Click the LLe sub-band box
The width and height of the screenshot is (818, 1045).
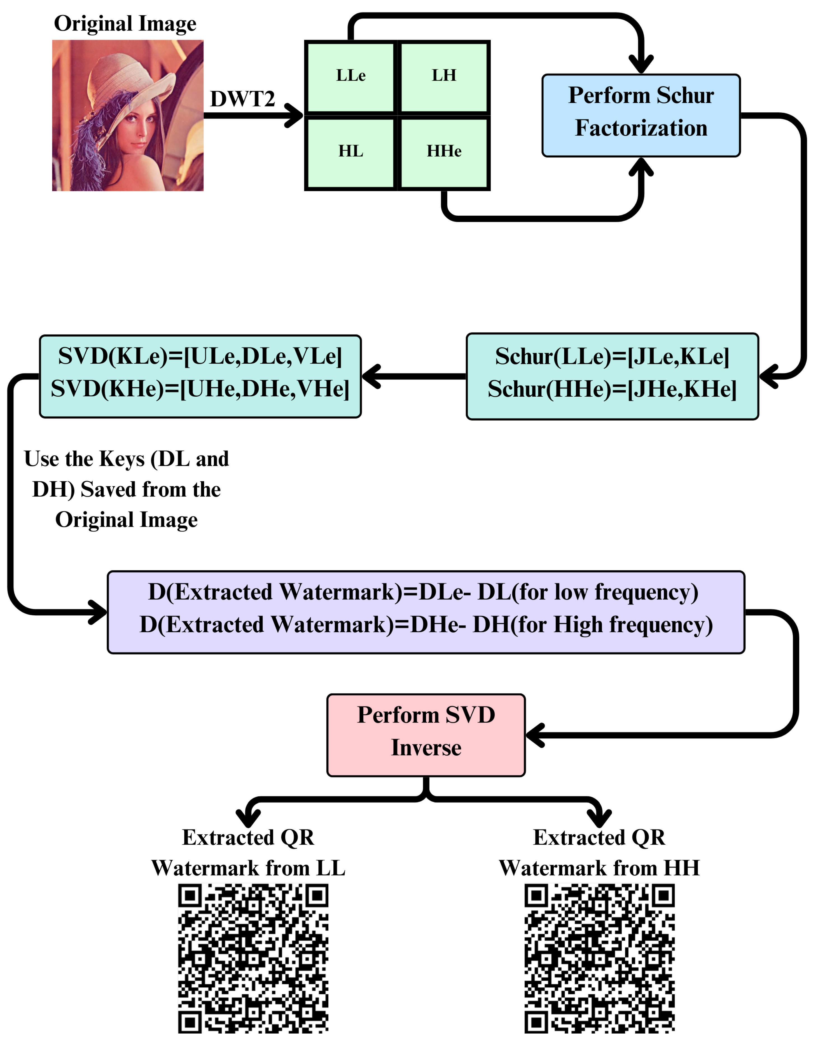click(350, 77)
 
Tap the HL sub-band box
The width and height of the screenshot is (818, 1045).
click(350, 152)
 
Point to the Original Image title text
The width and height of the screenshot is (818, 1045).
click(125, 23)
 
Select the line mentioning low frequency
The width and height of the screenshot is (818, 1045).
click(423, 592)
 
